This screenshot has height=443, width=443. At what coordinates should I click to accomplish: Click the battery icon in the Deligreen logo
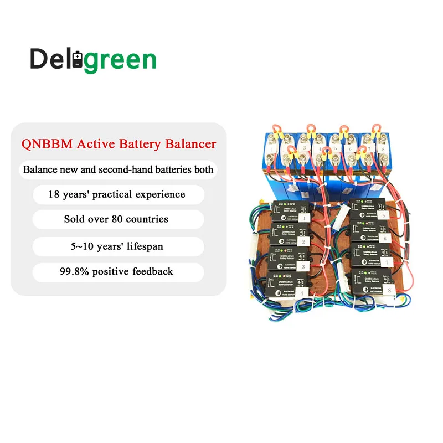pyautogui.click(x=78, y=59)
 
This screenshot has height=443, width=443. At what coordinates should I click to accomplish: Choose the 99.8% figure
pyautogui.click(x=73, y=271)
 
